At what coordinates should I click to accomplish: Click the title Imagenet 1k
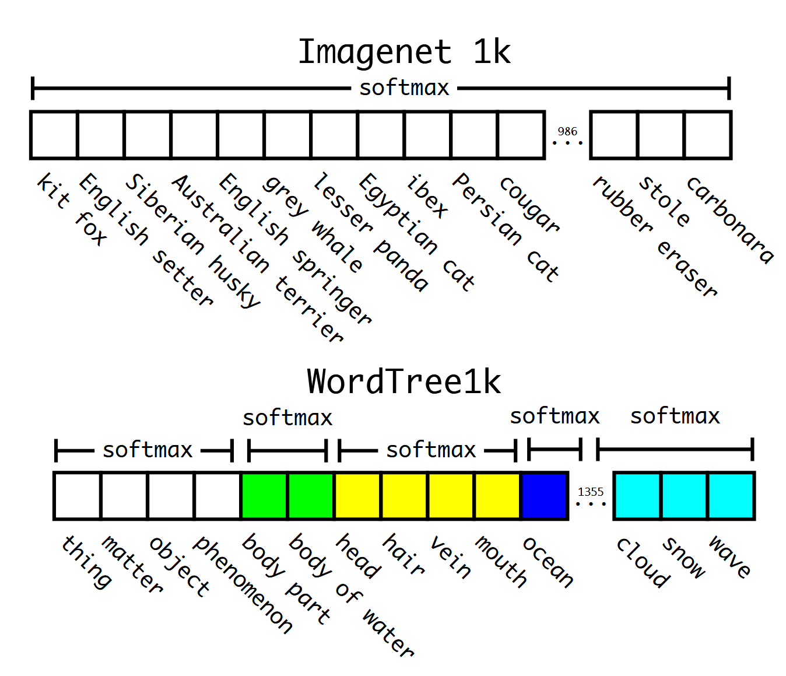coord(404,52)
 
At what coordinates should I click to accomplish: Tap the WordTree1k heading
coord(404,381)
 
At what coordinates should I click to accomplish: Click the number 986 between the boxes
coord(567,132)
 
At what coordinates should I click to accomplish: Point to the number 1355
coord(591,492)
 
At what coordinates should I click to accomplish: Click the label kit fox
coord(71,209)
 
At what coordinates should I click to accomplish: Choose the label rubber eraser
coord(654,236)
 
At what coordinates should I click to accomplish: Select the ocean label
coord(548,562)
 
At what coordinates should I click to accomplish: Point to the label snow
coord(684,558)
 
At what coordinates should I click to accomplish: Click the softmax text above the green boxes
coord(287,418)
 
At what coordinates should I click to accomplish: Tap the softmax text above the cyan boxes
coord(675,416)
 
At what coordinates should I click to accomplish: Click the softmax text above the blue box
coord(555,416)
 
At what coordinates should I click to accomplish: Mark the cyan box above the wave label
coord(731,496)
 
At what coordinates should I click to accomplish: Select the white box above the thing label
coord(78,496)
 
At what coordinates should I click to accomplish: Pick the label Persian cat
coord(506,227)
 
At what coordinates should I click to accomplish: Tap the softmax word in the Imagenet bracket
coord(404,89)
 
